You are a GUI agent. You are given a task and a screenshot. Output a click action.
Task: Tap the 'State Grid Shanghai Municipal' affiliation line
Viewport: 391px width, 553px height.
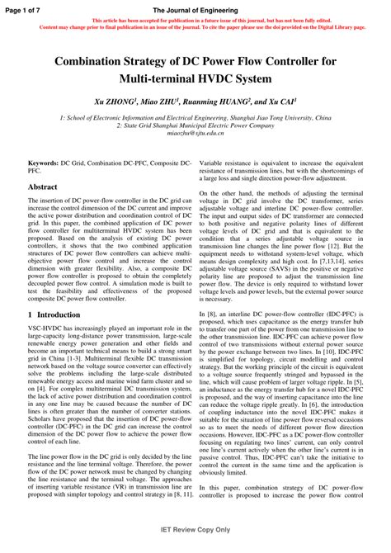[x=195, y=125]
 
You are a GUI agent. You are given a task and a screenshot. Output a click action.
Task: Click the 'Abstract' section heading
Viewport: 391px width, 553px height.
[x=42, y=187]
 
